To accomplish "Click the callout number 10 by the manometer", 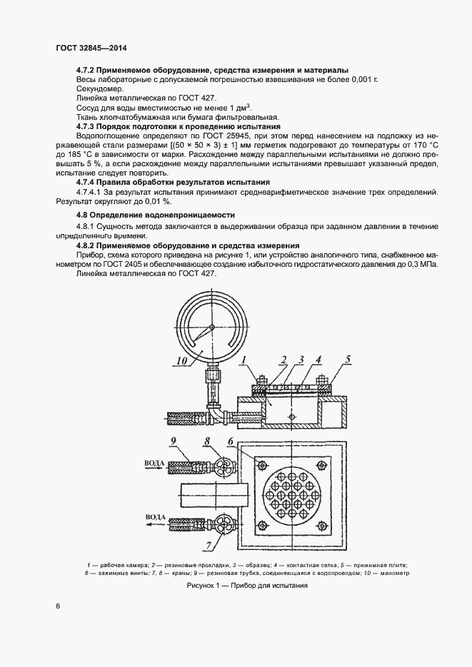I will [x=183, y=361].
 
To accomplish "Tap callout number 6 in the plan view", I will [x=232, y=442].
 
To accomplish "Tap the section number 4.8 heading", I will [x=84, y=215].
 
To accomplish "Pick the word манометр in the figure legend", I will [x=395, y=573].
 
